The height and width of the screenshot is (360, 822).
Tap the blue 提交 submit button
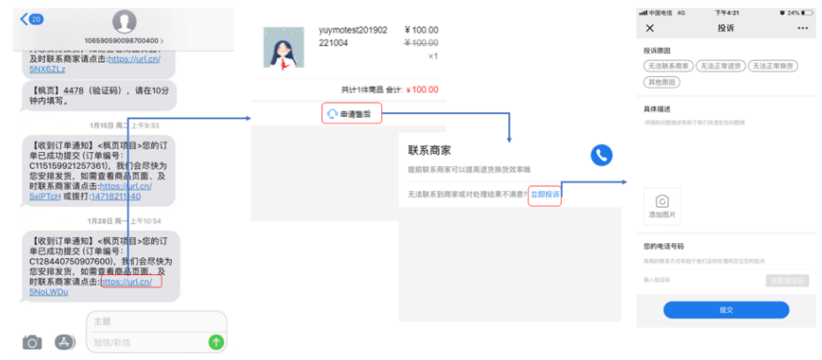click(x=726, y=310)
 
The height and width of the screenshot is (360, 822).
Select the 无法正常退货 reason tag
click(x=719, y=66)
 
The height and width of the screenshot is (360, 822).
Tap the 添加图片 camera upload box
click(x=662, y=206)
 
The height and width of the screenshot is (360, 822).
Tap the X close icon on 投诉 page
click(x=650, y=28)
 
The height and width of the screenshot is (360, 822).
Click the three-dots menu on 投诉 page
click(x=803, y=28)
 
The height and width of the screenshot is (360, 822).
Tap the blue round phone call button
click(x=602, y=155)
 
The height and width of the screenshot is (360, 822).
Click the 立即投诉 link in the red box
click(x=545, y=194)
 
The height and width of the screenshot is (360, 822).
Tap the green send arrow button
click(x=216, y=341)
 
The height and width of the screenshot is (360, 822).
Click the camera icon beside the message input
click(x=33, y=342)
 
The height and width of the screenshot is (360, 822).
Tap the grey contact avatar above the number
click(x=125, y=21)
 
